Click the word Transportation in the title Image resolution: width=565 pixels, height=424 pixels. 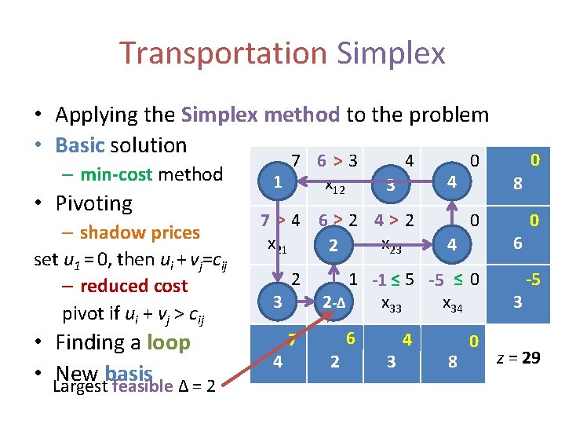(224, 53)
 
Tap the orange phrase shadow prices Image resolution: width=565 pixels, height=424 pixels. (140, 232)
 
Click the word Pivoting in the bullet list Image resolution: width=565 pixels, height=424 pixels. (93, 203)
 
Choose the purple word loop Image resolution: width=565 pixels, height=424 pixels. (168, 342)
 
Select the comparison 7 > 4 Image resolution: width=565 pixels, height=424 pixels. (280, 220)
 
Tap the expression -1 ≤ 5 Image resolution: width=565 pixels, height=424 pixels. (393, 280)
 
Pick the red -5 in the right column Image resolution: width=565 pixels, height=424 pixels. (533, 280)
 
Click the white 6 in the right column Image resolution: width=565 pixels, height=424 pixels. (517, 244)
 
